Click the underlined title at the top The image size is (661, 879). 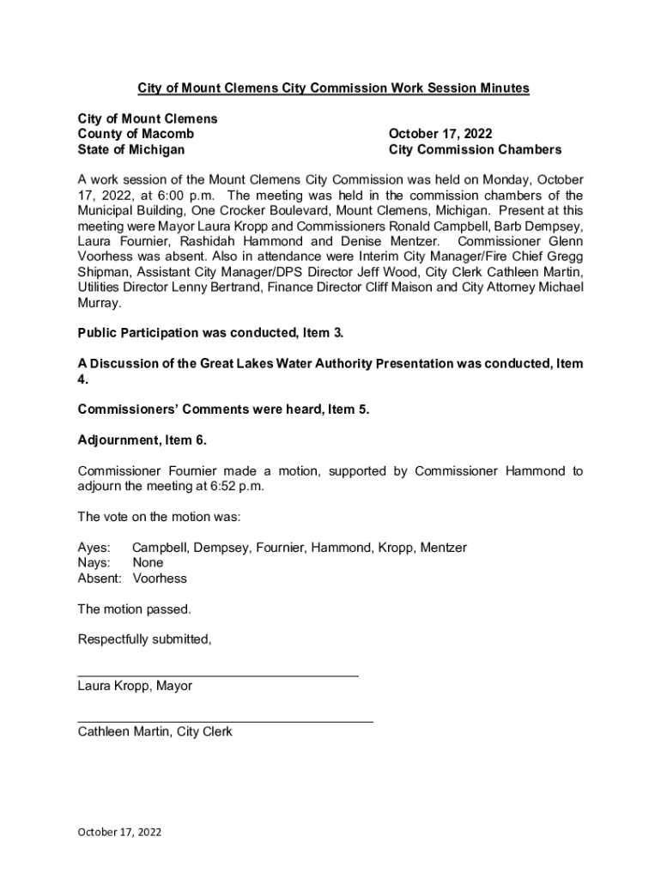[334, 88]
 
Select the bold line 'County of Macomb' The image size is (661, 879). [136, 134]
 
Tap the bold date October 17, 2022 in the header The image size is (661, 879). [440, 134]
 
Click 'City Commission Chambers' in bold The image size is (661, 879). [475, 149]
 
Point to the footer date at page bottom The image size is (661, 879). [119, 832]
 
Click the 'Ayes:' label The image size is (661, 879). [94, 548]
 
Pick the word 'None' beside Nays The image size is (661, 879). [148, 563]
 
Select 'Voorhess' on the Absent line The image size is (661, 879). [160, 579]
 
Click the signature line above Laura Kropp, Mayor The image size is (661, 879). [218, 676]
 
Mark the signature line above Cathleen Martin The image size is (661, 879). [225, 722]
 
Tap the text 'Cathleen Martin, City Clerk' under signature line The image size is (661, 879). [155, 732]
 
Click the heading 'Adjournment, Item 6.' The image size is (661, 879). [143, 440]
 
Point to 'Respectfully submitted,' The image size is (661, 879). [144, 640]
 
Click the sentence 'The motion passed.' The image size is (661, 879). [135, 609]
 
